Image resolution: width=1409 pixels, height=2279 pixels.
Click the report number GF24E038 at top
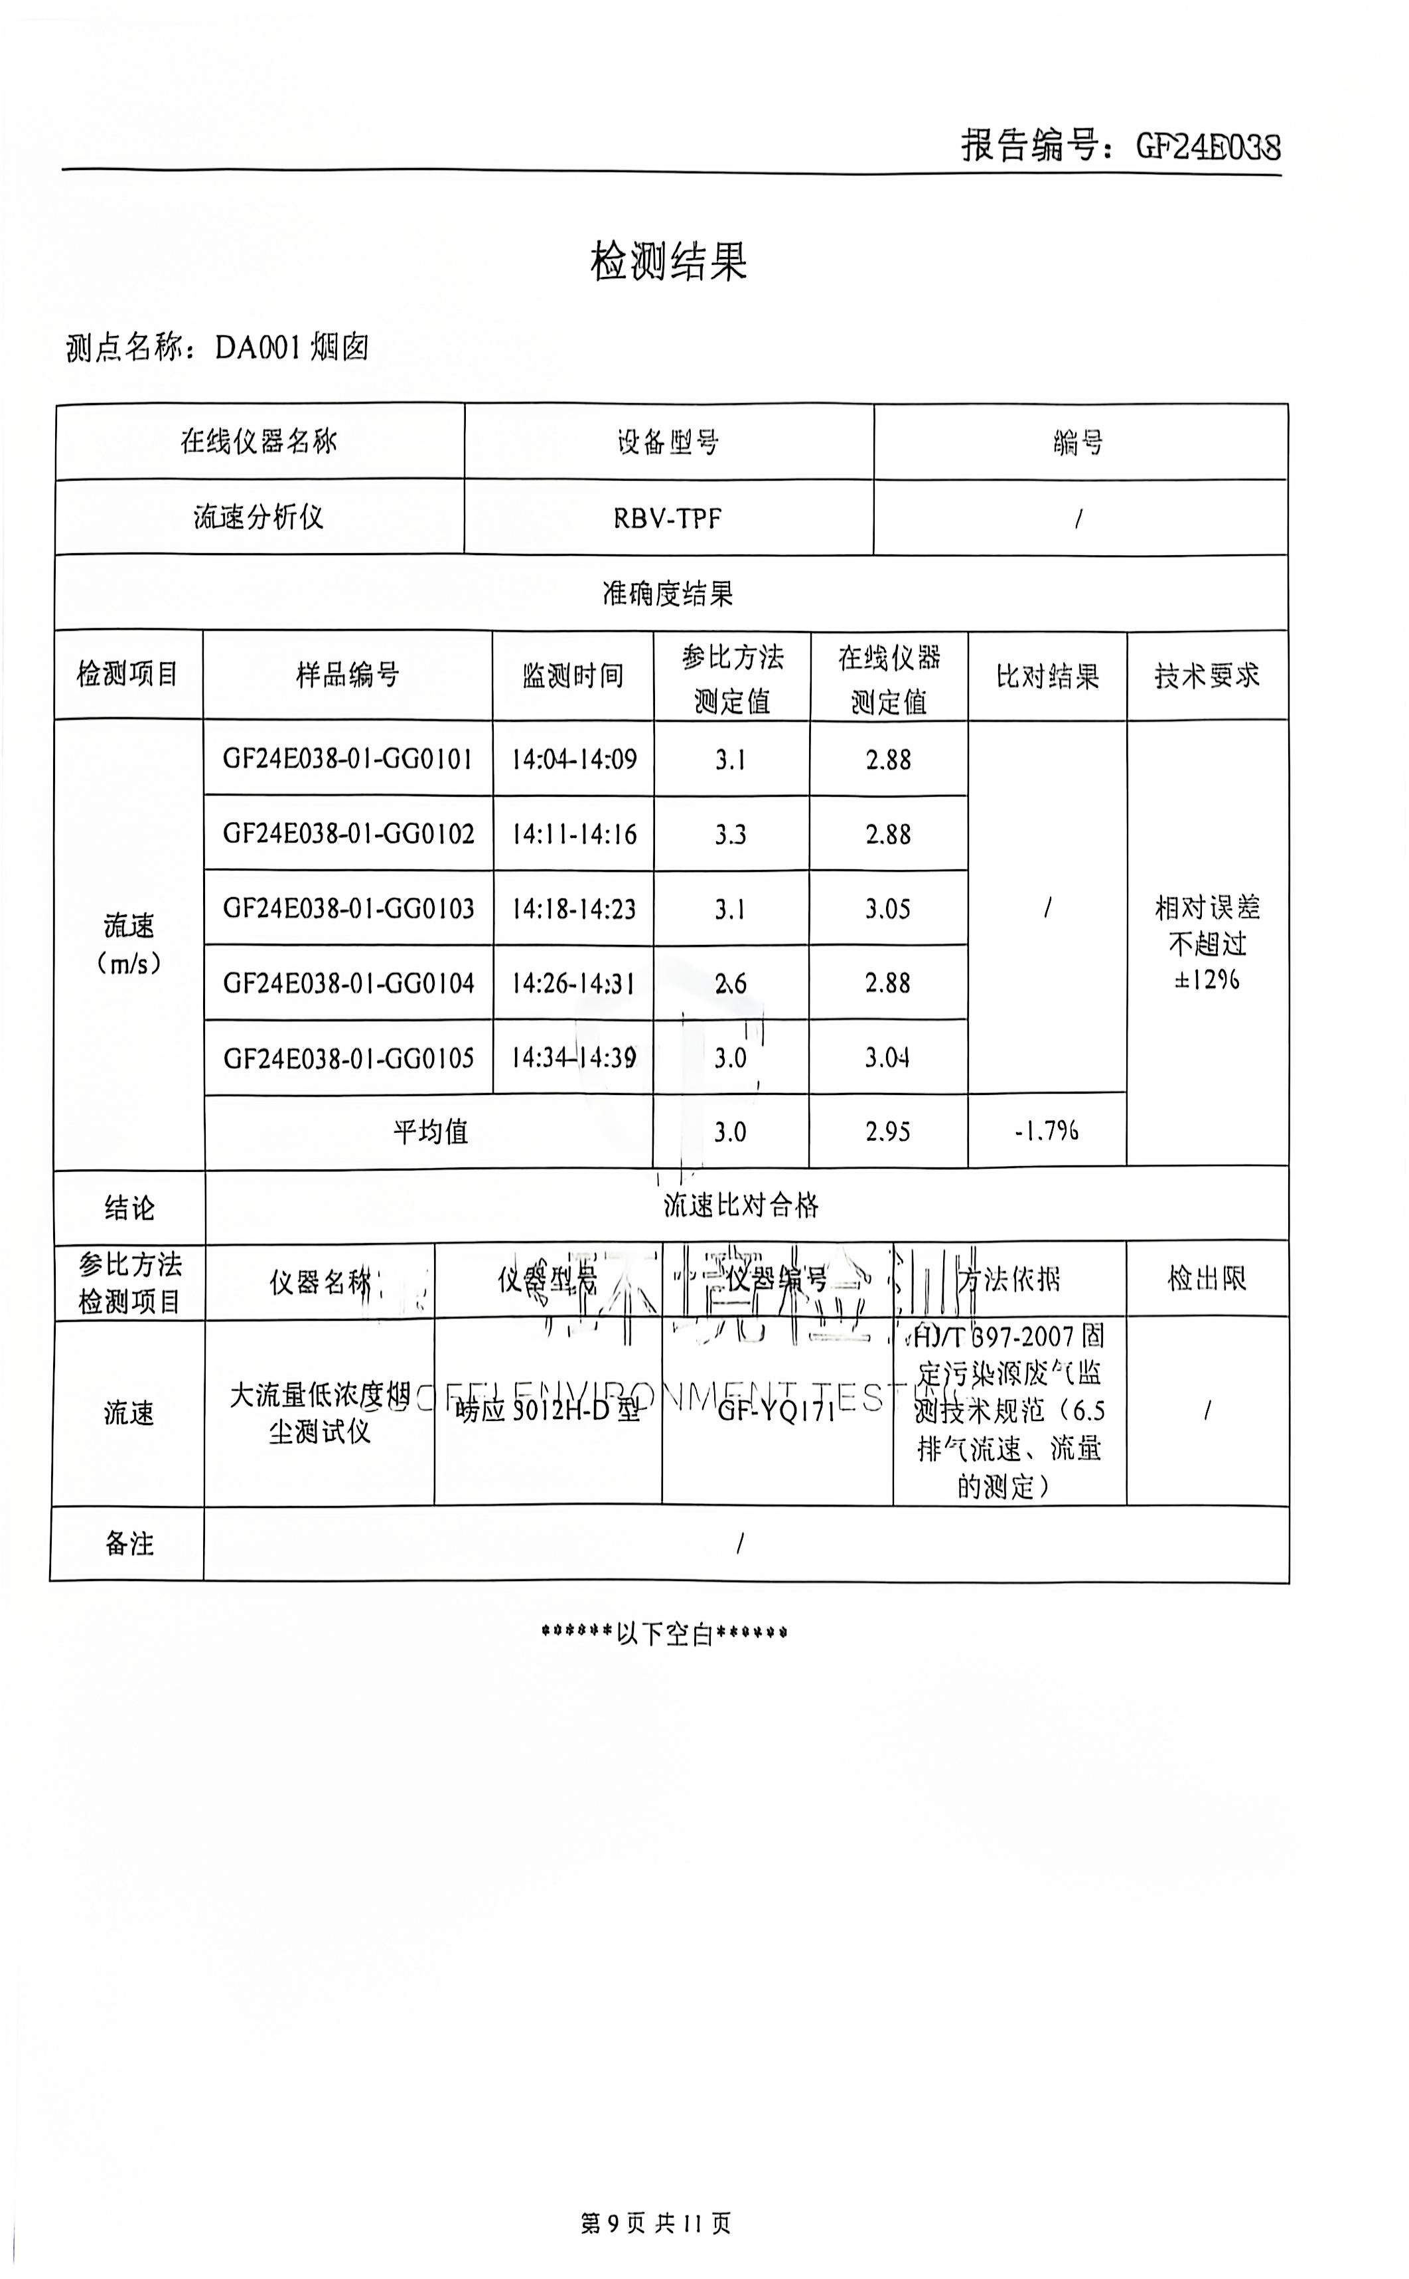pyautogui.click(x=1208, y=146)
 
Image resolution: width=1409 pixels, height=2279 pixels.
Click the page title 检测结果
pyautogui.click(x=668, y=262)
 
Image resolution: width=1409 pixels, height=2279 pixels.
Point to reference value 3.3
pyautogui.click(x=731, y=834)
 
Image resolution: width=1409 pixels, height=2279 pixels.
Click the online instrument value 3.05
pyautogui.click(x=887, y=909)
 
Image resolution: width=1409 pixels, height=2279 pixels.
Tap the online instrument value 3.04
pyautogui.click(x=887, y=1058)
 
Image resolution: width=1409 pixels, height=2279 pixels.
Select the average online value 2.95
pyautogui.click(x=887, y=1132)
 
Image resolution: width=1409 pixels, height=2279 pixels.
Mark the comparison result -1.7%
pyautogui.click(x=1047, y=1132)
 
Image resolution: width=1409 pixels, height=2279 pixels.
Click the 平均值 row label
pyautogui.click(x=429, y=1132)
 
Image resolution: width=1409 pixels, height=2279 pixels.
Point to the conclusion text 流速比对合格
pyautogui.click(x=741, y=1206)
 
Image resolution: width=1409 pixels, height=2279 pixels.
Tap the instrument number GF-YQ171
pyautogui.click(x=777, y=1411)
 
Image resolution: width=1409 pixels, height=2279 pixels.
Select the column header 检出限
pyautogui.click(x=1207, y=1279)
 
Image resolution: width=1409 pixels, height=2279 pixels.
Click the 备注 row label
pyautogui.click(x=129, y=1543)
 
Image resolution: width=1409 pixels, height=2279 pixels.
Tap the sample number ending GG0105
pyautogui.click(x=348, y=1058)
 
